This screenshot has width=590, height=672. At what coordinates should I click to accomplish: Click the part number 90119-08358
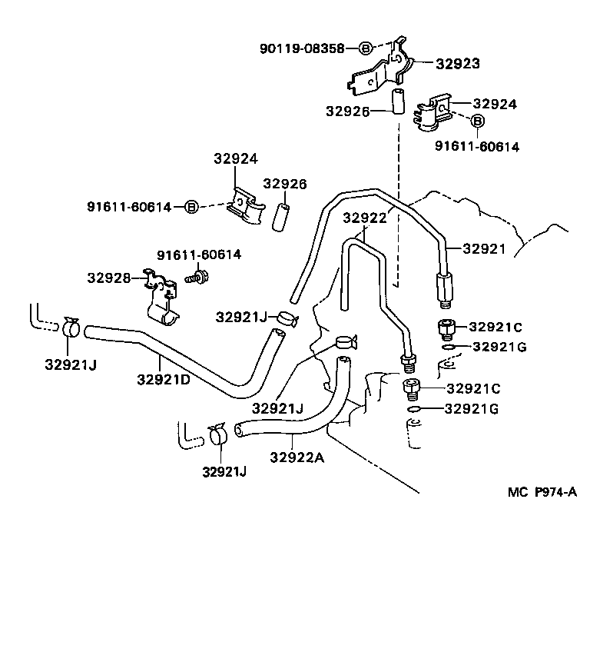click(307, 48)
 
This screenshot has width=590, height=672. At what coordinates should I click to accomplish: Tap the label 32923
click(458, 64)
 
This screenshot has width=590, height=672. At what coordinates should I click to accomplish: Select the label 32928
click(108, 278)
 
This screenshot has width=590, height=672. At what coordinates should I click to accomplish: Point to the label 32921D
click(164, 378)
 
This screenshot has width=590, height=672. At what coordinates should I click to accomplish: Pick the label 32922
click(364, 218)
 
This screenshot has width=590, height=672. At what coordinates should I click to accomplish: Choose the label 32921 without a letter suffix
click(483, 248)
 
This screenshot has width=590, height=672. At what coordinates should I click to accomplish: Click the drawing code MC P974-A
click(541, 493)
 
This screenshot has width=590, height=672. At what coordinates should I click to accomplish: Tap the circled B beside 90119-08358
click(366, 48)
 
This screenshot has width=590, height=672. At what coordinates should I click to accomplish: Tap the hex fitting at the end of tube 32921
click(445, 288)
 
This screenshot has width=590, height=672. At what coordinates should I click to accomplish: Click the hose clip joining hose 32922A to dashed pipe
click(218, 435)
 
